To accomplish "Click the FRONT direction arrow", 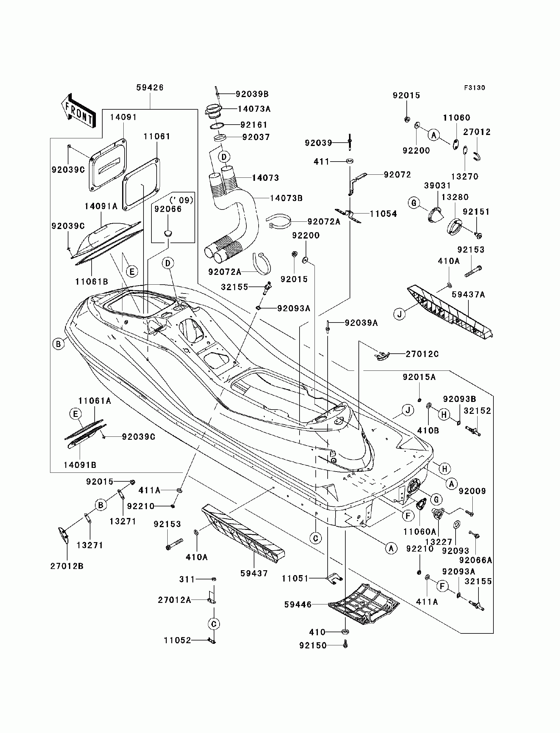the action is click(78, 110).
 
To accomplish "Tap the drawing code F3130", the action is click(475, 88).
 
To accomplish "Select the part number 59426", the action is click(150, 87).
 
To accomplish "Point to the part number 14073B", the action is click(286, 198).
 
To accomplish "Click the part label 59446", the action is click(298, 604).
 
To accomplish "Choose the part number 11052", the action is click(177, 640).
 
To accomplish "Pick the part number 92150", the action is click(313, 646).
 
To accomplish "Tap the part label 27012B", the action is click(67, 566).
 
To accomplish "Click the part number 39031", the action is click(437, 186).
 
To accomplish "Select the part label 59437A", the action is click(468, 295).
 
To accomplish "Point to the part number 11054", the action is click(383, 214).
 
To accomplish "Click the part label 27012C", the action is click(422, 354).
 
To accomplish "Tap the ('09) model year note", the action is click(181, 200).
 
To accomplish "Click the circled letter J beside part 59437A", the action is click(399, 314).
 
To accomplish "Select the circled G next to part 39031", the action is click(414, 203).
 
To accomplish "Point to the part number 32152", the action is click(477, 411).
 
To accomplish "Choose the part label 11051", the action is click(295, 578).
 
